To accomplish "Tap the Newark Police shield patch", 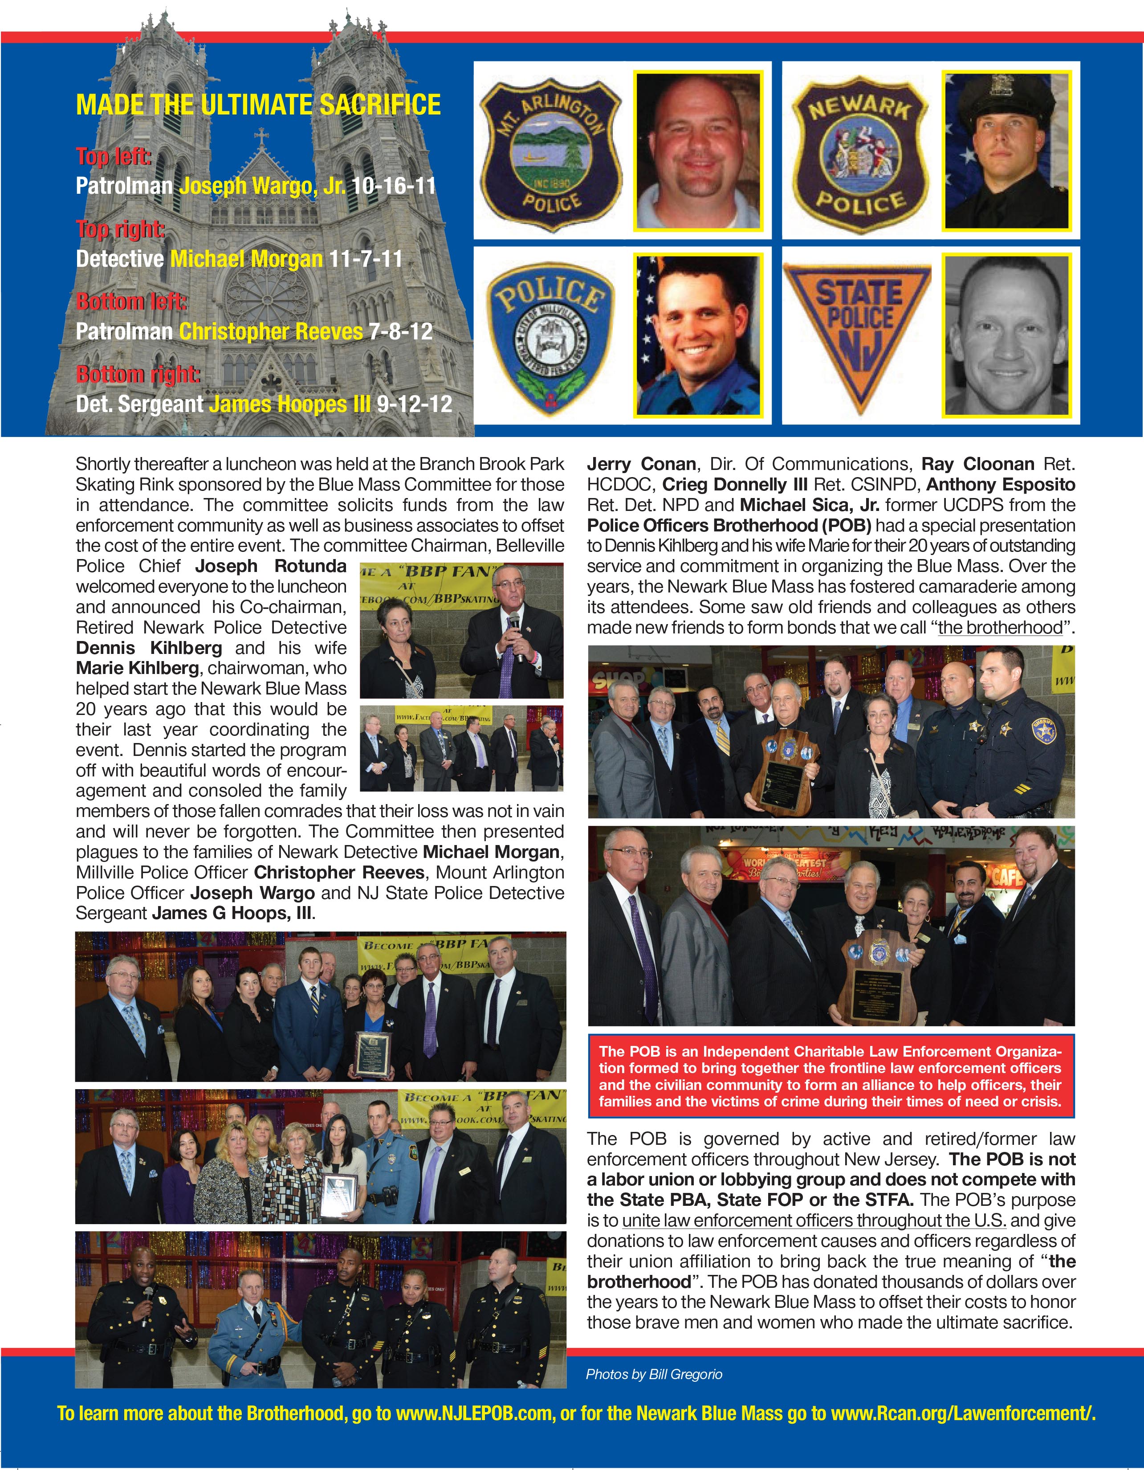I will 859,154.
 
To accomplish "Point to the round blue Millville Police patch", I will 550,336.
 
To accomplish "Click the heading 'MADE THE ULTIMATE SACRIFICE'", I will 258,105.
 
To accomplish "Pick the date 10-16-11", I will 394,186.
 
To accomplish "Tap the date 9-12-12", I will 414,404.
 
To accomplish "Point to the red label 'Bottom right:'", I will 138,374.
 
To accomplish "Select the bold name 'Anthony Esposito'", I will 1001,485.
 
